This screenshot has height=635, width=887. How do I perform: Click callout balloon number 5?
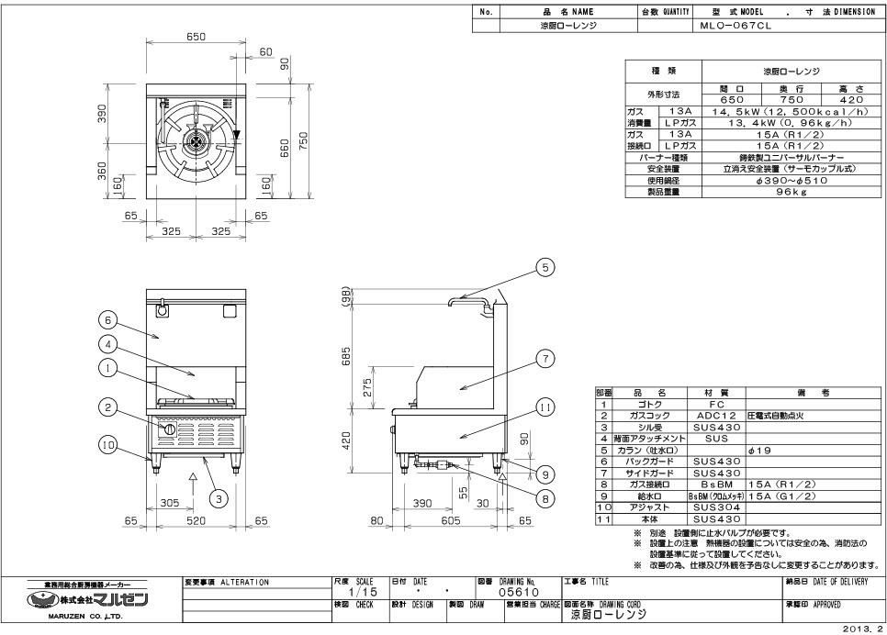(545, 267)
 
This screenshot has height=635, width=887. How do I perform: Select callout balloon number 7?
(545, 359)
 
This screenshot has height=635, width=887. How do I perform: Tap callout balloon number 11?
(545, 405)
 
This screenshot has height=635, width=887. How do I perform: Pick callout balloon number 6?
(108, 320)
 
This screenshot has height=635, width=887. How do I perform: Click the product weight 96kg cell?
(792, 191)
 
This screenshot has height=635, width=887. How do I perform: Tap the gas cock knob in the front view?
(168, 429)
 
